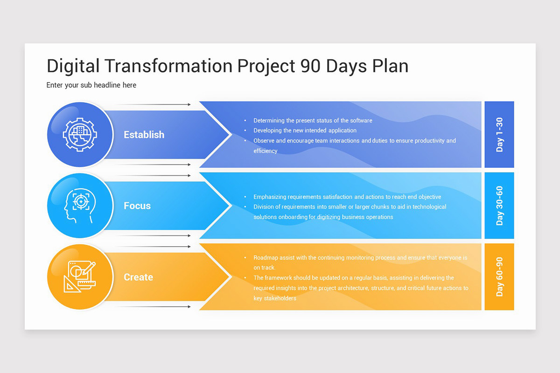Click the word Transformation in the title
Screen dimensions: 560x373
(168, 66)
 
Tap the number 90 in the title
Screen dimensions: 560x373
(310, 66)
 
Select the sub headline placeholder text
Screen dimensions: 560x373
(91, 85)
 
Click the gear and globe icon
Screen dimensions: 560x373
(80, 135)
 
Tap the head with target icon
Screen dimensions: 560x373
(80, 206)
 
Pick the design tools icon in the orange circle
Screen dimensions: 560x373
(80, 276)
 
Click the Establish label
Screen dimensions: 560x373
(144, 135)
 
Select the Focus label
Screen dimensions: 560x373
(137, 206)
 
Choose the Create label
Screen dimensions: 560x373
(138, 277)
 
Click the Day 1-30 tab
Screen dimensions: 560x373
(499, 134)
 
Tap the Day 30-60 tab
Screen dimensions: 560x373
(499, 205)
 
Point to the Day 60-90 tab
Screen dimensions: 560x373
(499, 276)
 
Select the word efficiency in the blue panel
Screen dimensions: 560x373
(265, 151)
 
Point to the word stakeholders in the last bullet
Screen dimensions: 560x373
(280, 298)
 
